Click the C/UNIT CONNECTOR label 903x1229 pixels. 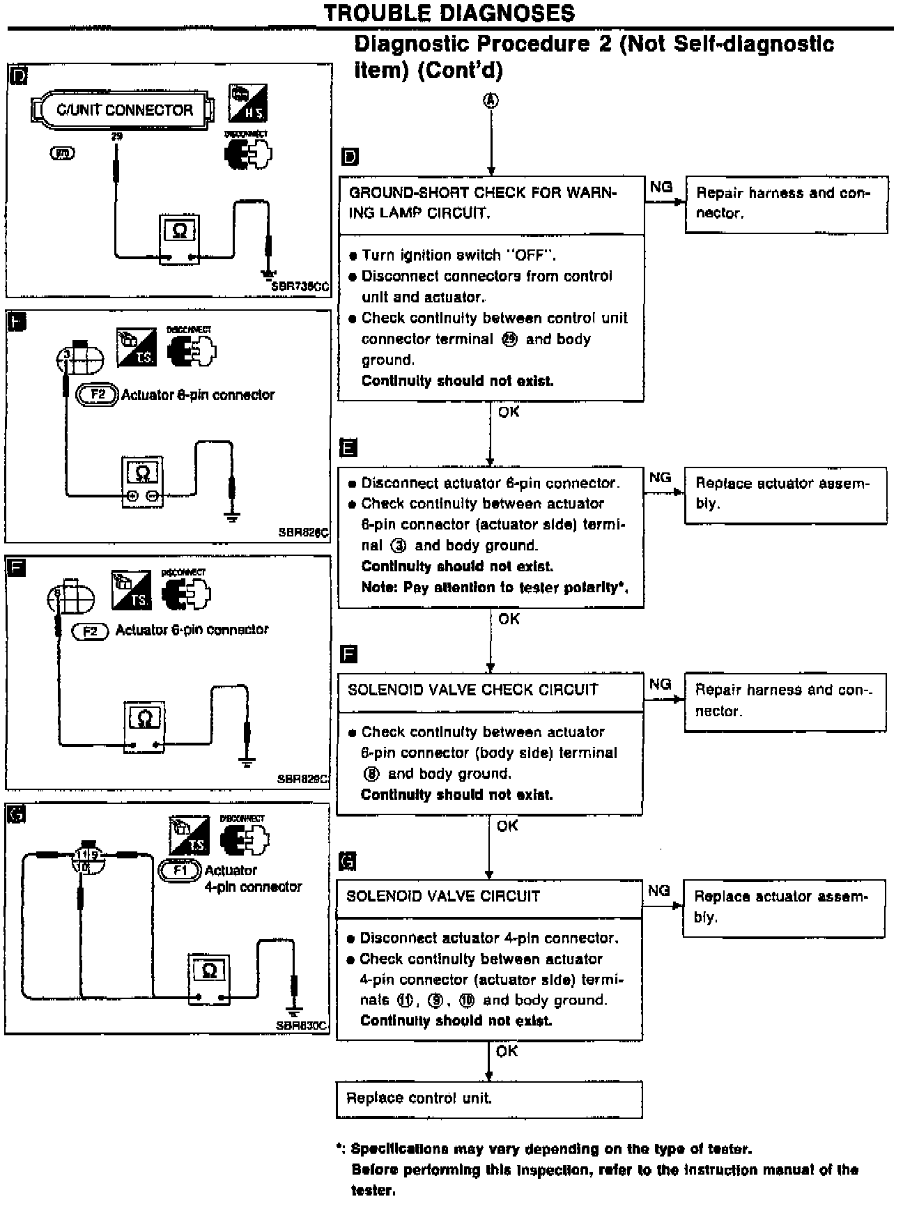(124, 110)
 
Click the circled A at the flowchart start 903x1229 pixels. (491, 100)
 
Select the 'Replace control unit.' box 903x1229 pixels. (489, 1099)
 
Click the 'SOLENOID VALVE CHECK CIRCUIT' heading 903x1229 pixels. (473, 690)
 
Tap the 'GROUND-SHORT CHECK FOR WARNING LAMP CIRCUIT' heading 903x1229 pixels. (483, 203)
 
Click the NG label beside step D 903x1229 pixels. (661, 187)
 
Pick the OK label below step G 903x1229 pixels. (507, 1051)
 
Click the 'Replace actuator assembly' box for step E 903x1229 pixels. (785, 494)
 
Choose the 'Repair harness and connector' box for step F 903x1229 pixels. (785, 701)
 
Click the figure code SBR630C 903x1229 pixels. (301, 1026)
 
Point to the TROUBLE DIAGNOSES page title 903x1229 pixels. (449, 13)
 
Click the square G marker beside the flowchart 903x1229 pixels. (348, 862)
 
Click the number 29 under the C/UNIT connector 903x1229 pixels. (116, 137)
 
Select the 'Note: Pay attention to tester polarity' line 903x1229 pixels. (495, 587)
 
